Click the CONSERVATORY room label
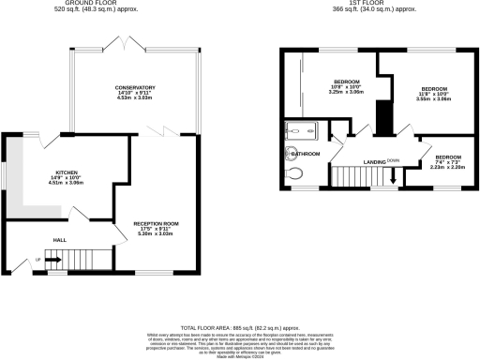(x=135, y=87)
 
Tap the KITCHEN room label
(x=66, y=172)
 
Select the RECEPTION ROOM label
(x=156, y=223)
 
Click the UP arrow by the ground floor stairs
(x=38, y=260)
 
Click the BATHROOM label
(x=307, y=154)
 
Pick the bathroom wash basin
(x=285, y=154)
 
